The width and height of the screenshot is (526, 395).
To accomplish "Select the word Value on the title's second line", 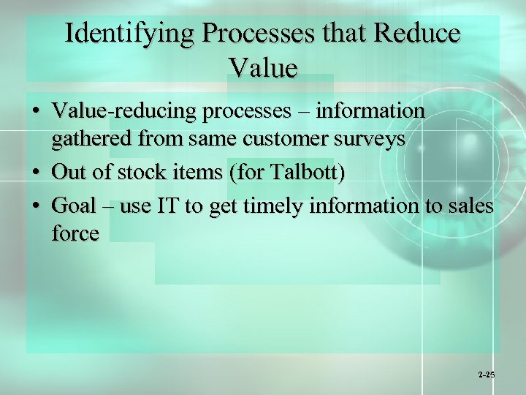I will (x=263, y=68).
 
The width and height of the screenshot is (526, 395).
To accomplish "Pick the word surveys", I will (x=373, y=139).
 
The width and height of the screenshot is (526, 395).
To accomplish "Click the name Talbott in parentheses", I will (x=305, y=173).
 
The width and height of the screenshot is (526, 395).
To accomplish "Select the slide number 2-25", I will (x=487, y=375).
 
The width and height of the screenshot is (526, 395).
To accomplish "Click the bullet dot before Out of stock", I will (x=35, y=173).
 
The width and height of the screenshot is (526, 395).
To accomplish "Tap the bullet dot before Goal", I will (x=35, y=206).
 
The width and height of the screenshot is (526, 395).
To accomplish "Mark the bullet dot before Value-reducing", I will (x=35, y=112).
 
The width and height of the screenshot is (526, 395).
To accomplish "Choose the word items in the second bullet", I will (x=199, y=173).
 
